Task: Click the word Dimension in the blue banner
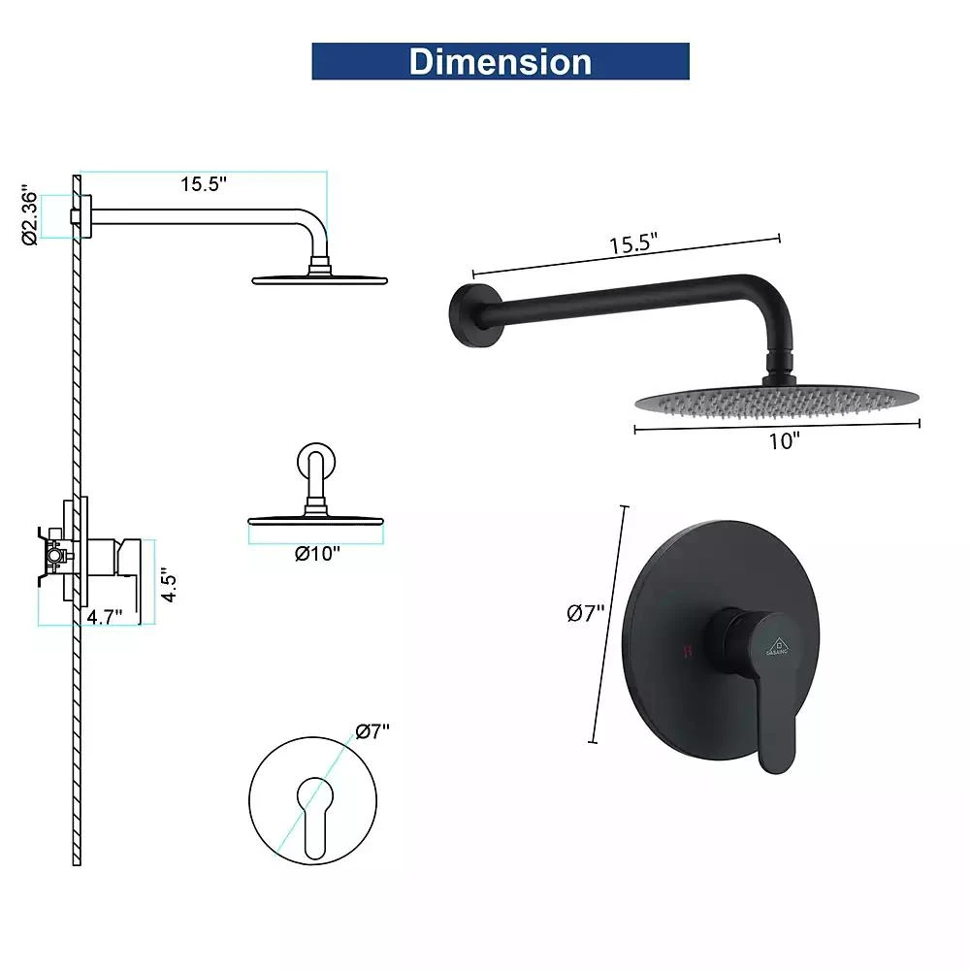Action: [x=500, y=61]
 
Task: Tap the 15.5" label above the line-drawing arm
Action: [x=203, y=184]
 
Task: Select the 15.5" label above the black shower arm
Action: [x=633, y=244]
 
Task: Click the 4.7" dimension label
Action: [x=104, y=617]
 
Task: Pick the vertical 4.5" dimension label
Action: [x=169, y=586]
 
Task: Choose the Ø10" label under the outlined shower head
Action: [x=317, y=554]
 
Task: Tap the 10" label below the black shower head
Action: [x=783, y=441]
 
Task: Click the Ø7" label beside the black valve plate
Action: [x=586, y=612]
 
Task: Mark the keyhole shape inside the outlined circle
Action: [x=315, y=814]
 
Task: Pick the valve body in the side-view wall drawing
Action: [x=56, y=559]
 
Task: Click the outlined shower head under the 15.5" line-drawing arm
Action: [x=319, y=279]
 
